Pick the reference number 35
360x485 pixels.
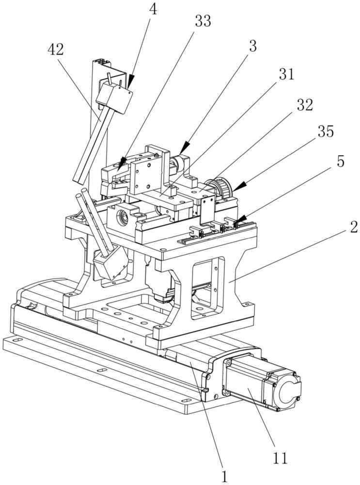point(325,131)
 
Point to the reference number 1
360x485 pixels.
point(224,476)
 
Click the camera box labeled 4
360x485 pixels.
point(114,96)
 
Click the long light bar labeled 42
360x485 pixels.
point(90,144)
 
